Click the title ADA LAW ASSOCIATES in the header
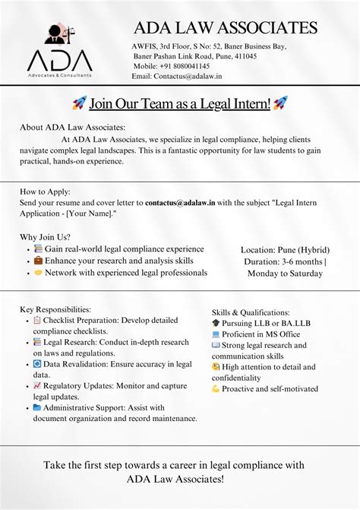pos(226,28)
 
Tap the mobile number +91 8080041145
pos(161,66)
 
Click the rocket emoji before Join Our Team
pos(79,103)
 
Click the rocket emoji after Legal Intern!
pos(280,103)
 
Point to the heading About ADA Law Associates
pos(73,127)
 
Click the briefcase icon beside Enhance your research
pos(38,261)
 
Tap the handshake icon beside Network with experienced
pos(38,272)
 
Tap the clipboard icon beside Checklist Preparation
pos(37,320)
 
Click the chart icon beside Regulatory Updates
pos(37,385)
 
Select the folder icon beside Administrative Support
pos(37,407)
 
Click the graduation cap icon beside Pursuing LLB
pos(216,323)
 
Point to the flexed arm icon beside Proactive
pos(216,389)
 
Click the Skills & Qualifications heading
pos(251,312)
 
